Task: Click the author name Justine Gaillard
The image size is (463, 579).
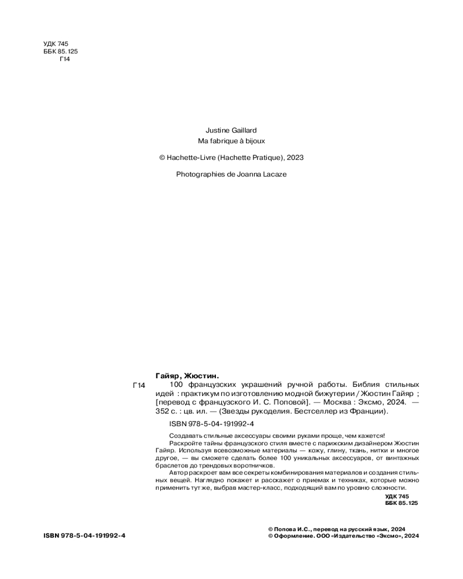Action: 231,131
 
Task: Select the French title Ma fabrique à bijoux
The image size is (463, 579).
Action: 231,141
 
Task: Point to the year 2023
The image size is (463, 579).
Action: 295,157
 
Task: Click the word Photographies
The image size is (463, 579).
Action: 200,174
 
